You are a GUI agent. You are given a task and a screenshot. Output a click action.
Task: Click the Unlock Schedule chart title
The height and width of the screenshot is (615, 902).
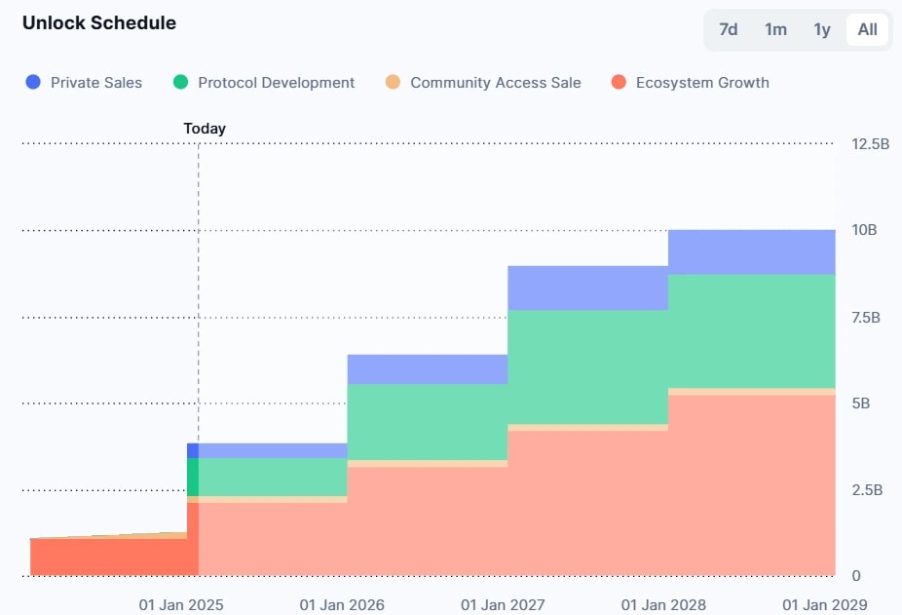(x=99, y=22)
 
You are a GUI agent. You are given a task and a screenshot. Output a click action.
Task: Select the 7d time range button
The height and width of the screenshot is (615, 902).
(x=728, y=29)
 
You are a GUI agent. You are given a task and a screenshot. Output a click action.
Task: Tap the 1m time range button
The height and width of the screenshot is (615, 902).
(x=775, y=29)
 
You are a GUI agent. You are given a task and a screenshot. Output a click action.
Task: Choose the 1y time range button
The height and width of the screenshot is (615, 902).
(x=822, y=29)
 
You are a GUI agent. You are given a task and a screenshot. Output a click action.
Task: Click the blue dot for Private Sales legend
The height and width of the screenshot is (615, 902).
(x=33, y=83)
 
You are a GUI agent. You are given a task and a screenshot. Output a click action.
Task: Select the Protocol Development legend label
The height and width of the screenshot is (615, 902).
(x=276, y=83)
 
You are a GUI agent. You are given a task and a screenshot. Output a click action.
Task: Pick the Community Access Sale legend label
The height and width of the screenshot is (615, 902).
(x=495, y=83)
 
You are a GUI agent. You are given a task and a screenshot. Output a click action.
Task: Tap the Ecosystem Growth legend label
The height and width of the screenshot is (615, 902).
(x=701, y=83)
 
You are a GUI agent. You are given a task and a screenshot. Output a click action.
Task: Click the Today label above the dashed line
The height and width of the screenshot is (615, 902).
(x=205, y=129)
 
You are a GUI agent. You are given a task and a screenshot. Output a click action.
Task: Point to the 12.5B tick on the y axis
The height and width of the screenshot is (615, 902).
(x=870, y=144)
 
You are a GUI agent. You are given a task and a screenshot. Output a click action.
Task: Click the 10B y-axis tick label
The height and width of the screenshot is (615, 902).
(x=864, y=231)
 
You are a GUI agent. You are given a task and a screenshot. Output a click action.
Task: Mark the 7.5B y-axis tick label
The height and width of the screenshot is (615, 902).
(x=866, y=317)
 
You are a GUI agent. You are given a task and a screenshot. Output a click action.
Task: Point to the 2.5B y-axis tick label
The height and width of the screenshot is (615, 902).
(x=866, y=489)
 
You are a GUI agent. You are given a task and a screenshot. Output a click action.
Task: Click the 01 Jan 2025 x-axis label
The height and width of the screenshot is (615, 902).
(x=181, y=604)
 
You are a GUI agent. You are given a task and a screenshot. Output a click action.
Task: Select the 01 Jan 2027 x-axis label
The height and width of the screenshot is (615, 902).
(x=503, y=604)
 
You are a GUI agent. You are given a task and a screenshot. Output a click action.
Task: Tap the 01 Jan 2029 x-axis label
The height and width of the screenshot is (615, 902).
(x=824, y=604)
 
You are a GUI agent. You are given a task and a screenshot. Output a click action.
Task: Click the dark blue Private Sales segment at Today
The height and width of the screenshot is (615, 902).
(x=193, y=450)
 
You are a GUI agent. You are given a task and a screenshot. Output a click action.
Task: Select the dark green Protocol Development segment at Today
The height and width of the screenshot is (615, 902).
(x=193, y=477)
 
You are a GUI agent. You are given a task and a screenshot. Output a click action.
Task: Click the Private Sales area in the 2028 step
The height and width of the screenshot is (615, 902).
(x=751, y=252)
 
